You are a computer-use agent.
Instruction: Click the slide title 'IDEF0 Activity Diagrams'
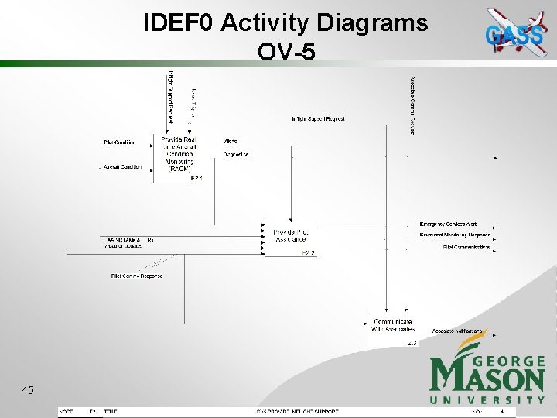pos(285,23)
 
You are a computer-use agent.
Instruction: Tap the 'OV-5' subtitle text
pos(285,50)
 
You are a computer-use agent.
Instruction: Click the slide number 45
pos(28,391)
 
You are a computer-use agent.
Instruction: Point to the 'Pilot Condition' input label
pos(120,142)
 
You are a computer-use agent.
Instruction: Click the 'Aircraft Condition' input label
pos(123,166)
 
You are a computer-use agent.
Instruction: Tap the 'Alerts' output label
pos(231,142)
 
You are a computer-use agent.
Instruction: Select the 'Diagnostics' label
pos(236,154)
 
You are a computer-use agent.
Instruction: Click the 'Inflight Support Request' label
pos(318,119)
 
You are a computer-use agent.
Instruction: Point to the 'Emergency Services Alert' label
pos(449,224)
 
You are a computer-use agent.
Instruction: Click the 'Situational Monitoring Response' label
pos(455,235)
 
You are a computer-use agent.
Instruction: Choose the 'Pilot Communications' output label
pos(466,247)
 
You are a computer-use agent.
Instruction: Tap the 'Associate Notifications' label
pos(456,331)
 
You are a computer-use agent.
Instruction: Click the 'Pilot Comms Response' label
pos(137,276)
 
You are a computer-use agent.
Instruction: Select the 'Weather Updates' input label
pos(124,247)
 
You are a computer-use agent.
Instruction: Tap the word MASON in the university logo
pos(487,379)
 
